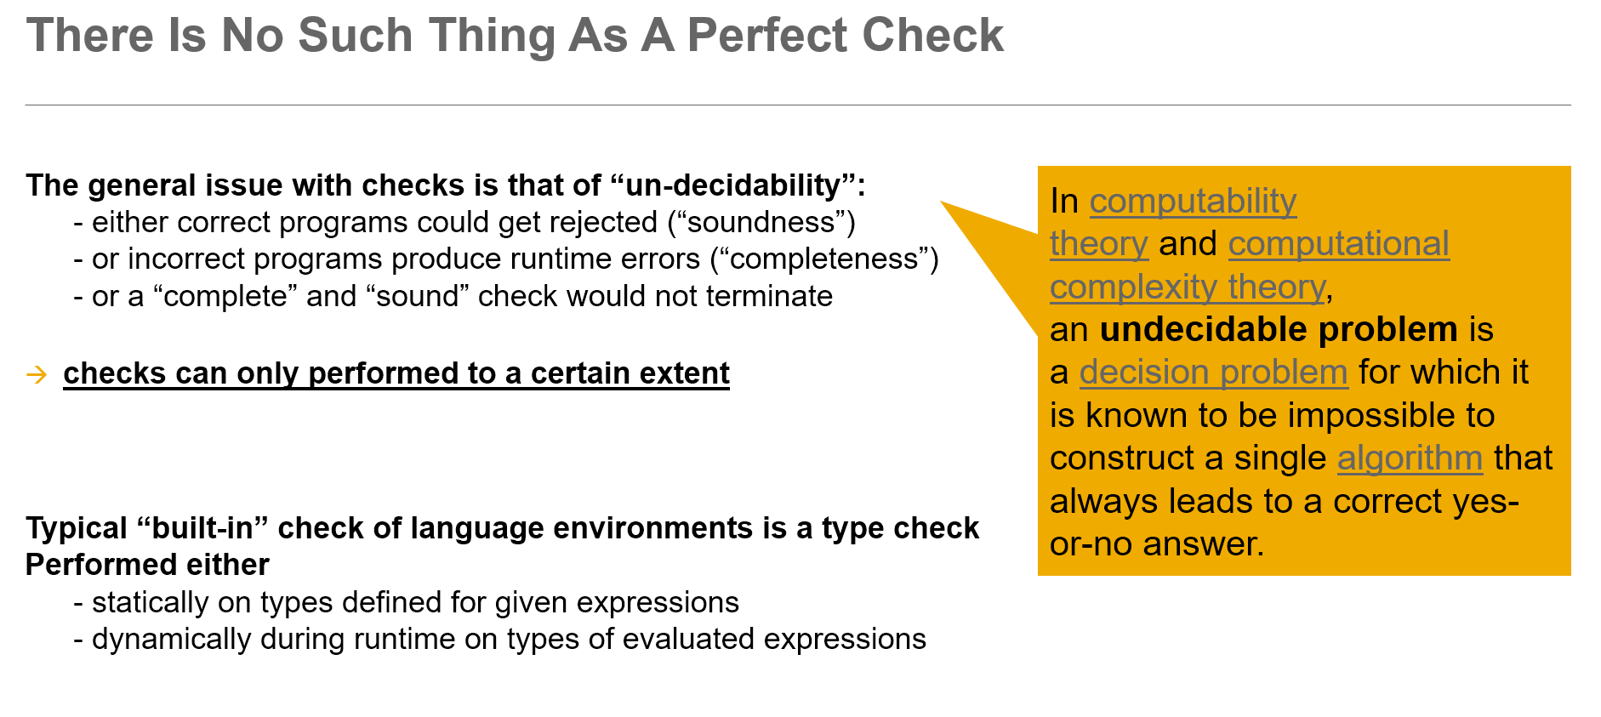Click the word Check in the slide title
pyautogui.click(x=932, y=36)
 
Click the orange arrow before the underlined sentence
pyautogui.click(x=37, y=374)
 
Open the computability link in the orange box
pyautogui.click(x=1193, y=201)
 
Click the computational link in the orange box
pyautogui.click(x=1338, y=244)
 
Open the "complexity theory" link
pyautogui.click(x=1188, y=287)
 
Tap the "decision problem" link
pyautogui.click(x=1213, y=373)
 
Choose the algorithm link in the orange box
pyautogui.click(x=1410, y=458)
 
